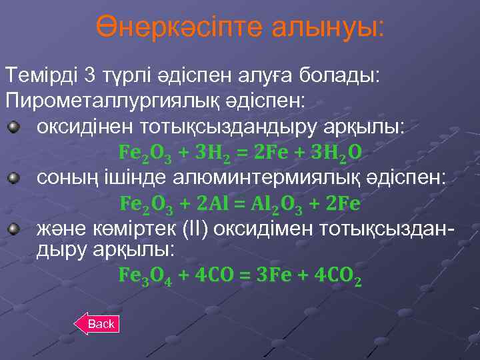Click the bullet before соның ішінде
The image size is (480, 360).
[14, 178]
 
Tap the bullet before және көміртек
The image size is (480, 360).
[14, 229]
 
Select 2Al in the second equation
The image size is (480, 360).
[213, 203]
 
